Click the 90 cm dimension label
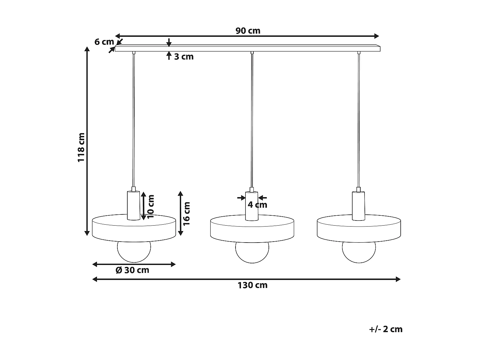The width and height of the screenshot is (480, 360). pos(248,31)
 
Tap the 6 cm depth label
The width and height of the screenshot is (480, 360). pos(104,42)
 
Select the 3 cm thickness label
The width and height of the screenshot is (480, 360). pos(184,57)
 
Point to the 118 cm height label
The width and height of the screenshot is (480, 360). pos(81,147)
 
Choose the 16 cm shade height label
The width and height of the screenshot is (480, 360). pos(187,213)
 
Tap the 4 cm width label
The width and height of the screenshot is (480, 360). pos(257,205)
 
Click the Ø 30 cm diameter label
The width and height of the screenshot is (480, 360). pos(132,270)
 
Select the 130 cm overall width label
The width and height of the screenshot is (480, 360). pos(252,285)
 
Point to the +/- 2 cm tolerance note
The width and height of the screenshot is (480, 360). pos(386,329)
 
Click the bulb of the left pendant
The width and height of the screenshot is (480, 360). pos(134,252)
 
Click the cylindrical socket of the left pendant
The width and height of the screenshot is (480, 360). pos(133,205)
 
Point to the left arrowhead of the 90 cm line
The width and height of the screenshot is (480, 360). pos(117,36)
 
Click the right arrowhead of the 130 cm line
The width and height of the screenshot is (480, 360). pos(398,279)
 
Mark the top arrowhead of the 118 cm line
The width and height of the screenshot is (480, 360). pos(87,49)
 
